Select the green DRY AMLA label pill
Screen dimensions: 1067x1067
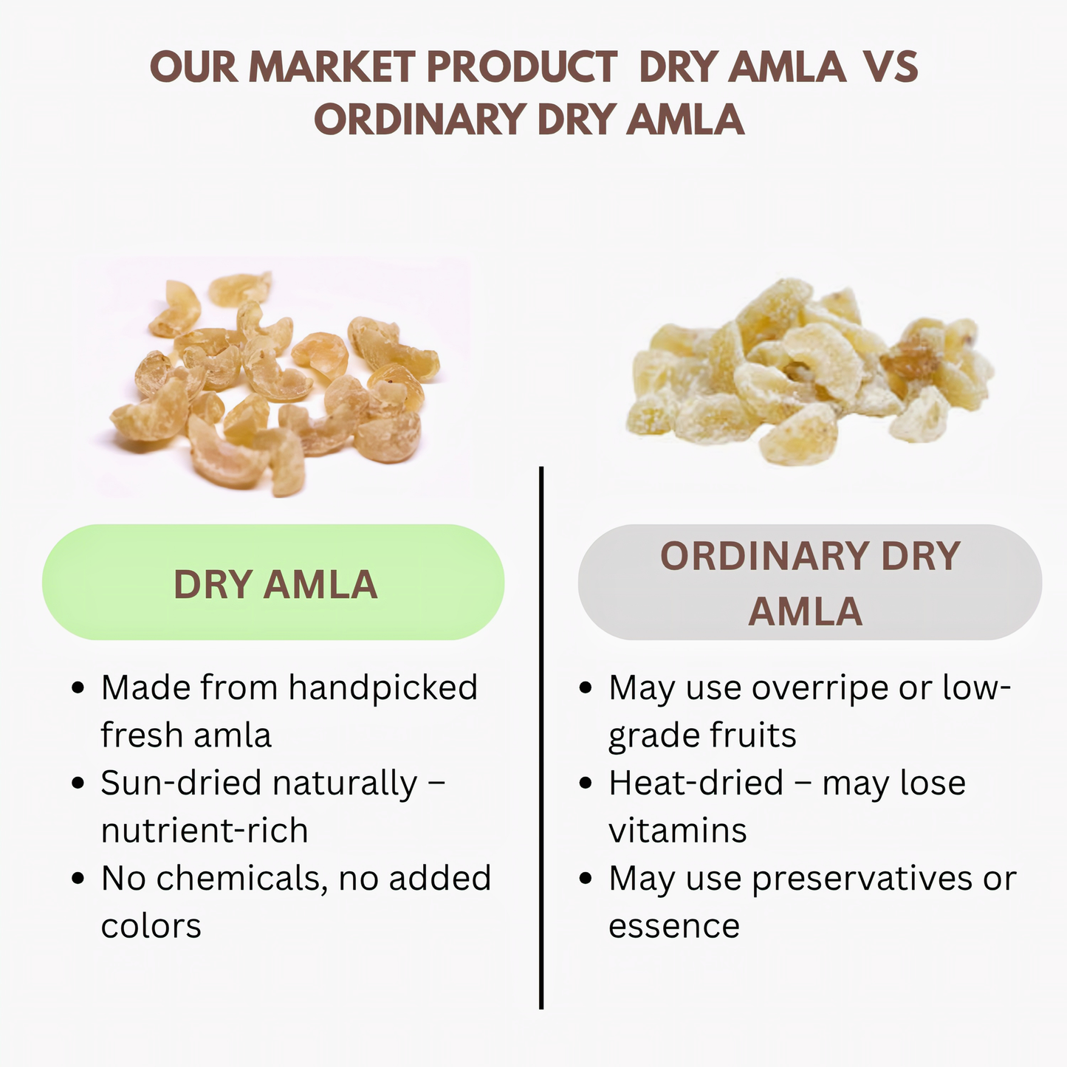[273, 583]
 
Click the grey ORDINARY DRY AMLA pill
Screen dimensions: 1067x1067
[809, 583]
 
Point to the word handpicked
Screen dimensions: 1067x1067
[383, 688]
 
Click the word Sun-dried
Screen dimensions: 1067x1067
[185, 783]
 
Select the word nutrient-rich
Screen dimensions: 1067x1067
[205, 831]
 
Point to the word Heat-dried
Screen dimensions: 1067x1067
[696, 783]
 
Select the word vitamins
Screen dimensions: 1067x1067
[678, 831]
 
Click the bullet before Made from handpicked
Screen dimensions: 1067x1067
[78, 689]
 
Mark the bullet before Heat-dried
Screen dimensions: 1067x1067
[586, 783]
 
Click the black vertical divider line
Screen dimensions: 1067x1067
[541, 738]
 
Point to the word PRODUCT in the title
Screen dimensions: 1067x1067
[521, 67]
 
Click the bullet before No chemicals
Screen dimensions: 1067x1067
[78, 879]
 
